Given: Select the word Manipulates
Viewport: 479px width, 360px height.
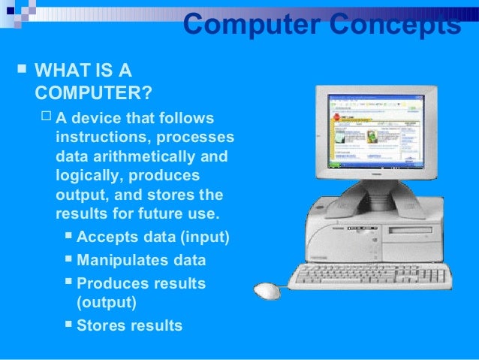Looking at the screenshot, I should (x=123, y=260).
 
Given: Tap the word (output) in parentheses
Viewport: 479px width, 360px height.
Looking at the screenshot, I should (x=107, y=303).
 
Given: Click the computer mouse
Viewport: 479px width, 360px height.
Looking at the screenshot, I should (x=267, y=290).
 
